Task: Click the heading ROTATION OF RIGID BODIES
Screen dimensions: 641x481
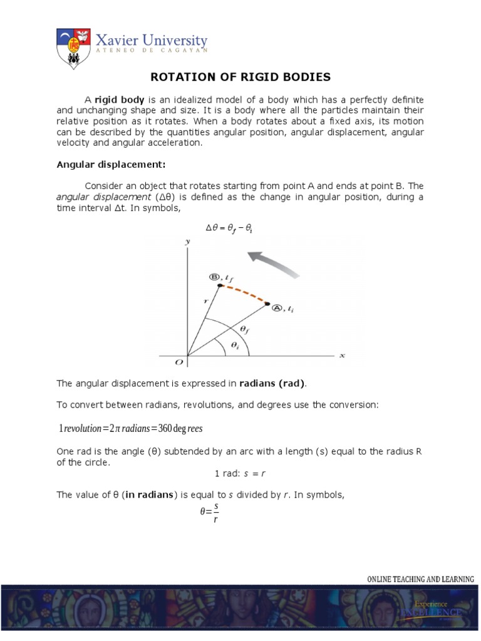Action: coord(240,77)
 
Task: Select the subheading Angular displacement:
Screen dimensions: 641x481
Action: coord(111,165)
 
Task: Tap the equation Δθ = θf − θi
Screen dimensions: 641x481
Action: coord(229,230)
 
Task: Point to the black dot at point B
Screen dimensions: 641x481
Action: coord(220,285)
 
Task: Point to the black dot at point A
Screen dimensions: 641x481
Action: coord(267,305)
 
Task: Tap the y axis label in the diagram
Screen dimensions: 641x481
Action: coord(186,241)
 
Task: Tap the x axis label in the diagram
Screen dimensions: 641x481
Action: coord(342,356)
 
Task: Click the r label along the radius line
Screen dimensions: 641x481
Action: coord(205,300)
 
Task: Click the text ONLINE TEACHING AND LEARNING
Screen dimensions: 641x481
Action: coord(420,579)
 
